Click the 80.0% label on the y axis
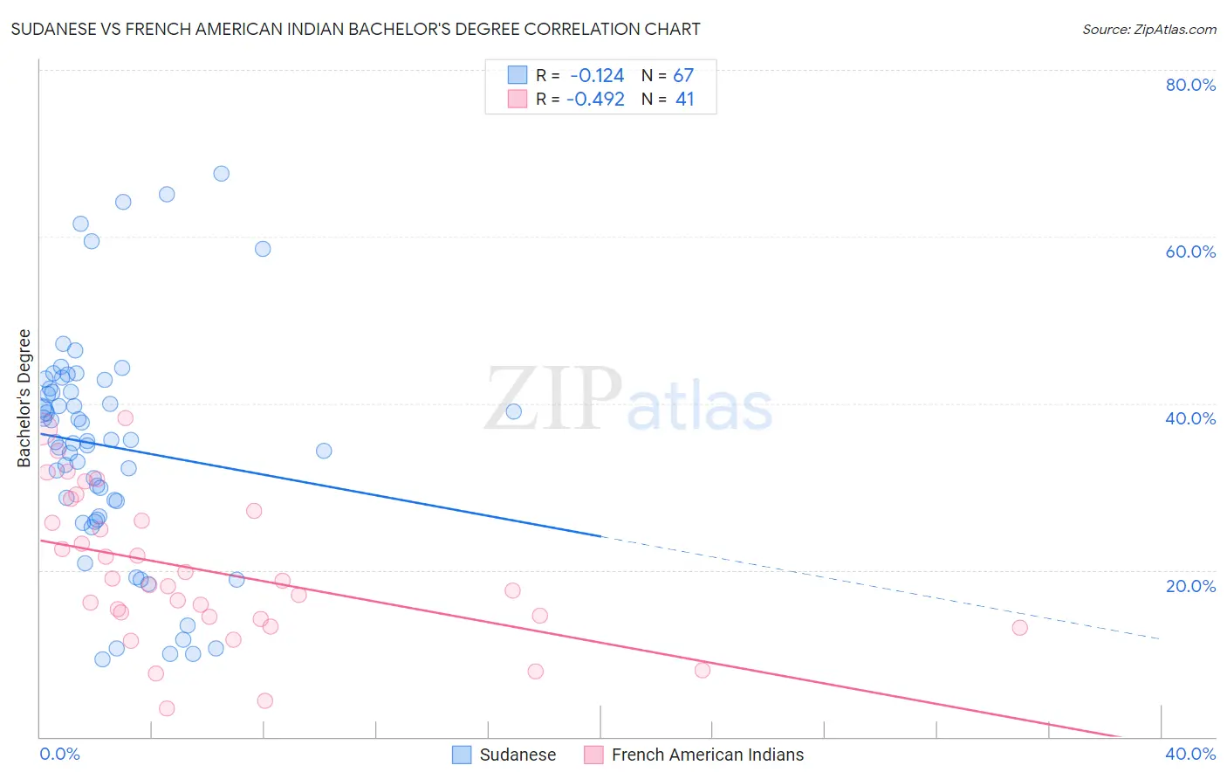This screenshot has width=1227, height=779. pos(1190,85)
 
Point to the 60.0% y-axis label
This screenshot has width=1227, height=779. pos(1190,252)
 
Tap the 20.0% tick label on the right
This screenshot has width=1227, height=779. pos(1190,586)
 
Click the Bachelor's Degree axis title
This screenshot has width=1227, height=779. pos(24,398)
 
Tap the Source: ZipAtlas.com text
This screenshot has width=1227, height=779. pos(1148,30)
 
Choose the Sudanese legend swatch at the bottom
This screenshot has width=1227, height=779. pos(462,755)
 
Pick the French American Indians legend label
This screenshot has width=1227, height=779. pos(707,755)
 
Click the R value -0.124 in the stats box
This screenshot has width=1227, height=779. pos(597,75)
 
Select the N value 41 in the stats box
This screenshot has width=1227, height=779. pos(684,100)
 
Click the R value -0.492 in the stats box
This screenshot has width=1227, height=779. pos(595,100)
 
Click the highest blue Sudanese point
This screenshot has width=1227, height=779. pos(222,174)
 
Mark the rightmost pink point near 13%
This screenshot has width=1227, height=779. pos(1019,628)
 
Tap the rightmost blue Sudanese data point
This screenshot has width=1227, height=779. pos(514,411)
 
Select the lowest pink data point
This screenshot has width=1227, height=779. pos(167,708)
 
